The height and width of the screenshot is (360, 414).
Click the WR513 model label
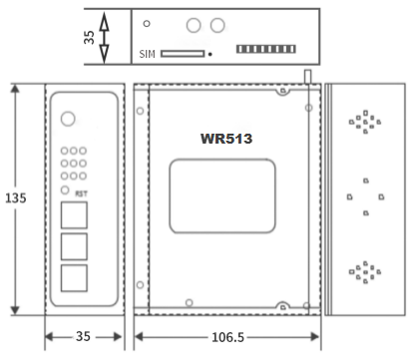point(226,139)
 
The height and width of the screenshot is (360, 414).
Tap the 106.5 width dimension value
point(228,337)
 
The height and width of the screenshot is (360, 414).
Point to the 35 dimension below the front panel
point(84,337)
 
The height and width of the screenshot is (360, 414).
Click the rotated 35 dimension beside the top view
point(88,36)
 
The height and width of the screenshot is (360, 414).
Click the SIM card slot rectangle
point(183,53)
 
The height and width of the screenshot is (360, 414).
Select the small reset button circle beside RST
point(67,189)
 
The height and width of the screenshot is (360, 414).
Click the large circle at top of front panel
point(67,119)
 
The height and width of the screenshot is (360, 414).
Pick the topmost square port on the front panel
point(73,214)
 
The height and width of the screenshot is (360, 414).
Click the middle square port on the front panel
point(73,245)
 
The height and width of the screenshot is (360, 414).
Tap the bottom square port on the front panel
point(73,276)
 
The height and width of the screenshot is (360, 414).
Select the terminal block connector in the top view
point(265,48)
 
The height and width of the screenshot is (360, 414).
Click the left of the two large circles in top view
point(196,25)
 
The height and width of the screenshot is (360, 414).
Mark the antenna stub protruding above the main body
point(307,76)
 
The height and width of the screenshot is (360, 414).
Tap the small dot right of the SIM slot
point(210,54)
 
